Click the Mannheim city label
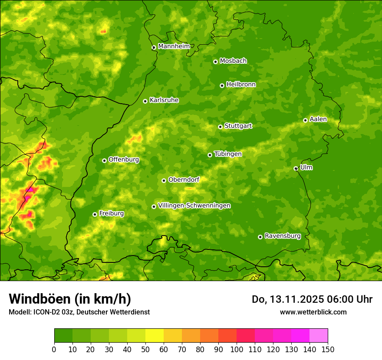174,46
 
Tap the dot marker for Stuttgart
220,127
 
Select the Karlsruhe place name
164,100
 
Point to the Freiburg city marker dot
95,214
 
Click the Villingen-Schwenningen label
194,206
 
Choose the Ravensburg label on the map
282,236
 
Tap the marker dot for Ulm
296,168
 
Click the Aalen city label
318,119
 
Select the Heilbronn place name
240,85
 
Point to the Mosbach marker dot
215,62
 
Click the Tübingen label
227,154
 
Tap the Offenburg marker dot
104,160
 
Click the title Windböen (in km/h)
69,299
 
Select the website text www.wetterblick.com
313,312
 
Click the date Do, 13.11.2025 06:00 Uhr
312,299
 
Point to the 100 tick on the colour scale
237,349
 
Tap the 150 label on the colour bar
328,349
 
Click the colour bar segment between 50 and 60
155,335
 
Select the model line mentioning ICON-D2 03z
79,312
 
